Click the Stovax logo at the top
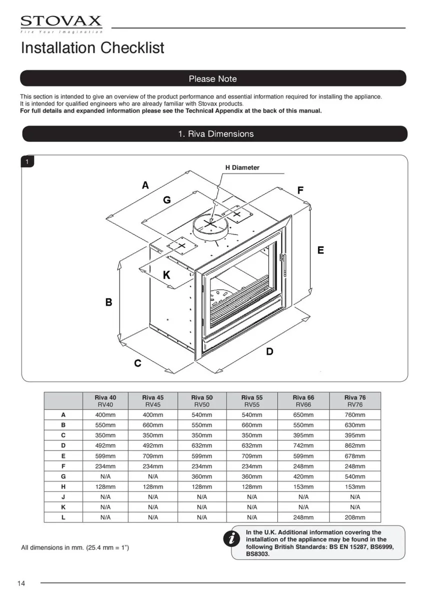click(61, 23)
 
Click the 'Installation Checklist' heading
click(92, 48)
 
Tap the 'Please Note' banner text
click(213, 79)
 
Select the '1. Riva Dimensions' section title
click(216, 134)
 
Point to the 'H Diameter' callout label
click(242, 167)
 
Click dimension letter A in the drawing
click(145, 185)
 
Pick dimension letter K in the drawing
click(167, 275)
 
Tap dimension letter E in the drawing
click(320, 250)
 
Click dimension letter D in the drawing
click(269, 351)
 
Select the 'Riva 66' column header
click(303, 401)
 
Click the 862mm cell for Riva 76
click(355, 445)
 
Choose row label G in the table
click(63, 476)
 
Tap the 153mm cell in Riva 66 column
click(303, 486)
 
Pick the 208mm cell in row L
click(355, 517)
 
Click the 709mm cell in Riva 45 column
click(153, 456)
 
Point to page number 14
click(21, 583)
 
